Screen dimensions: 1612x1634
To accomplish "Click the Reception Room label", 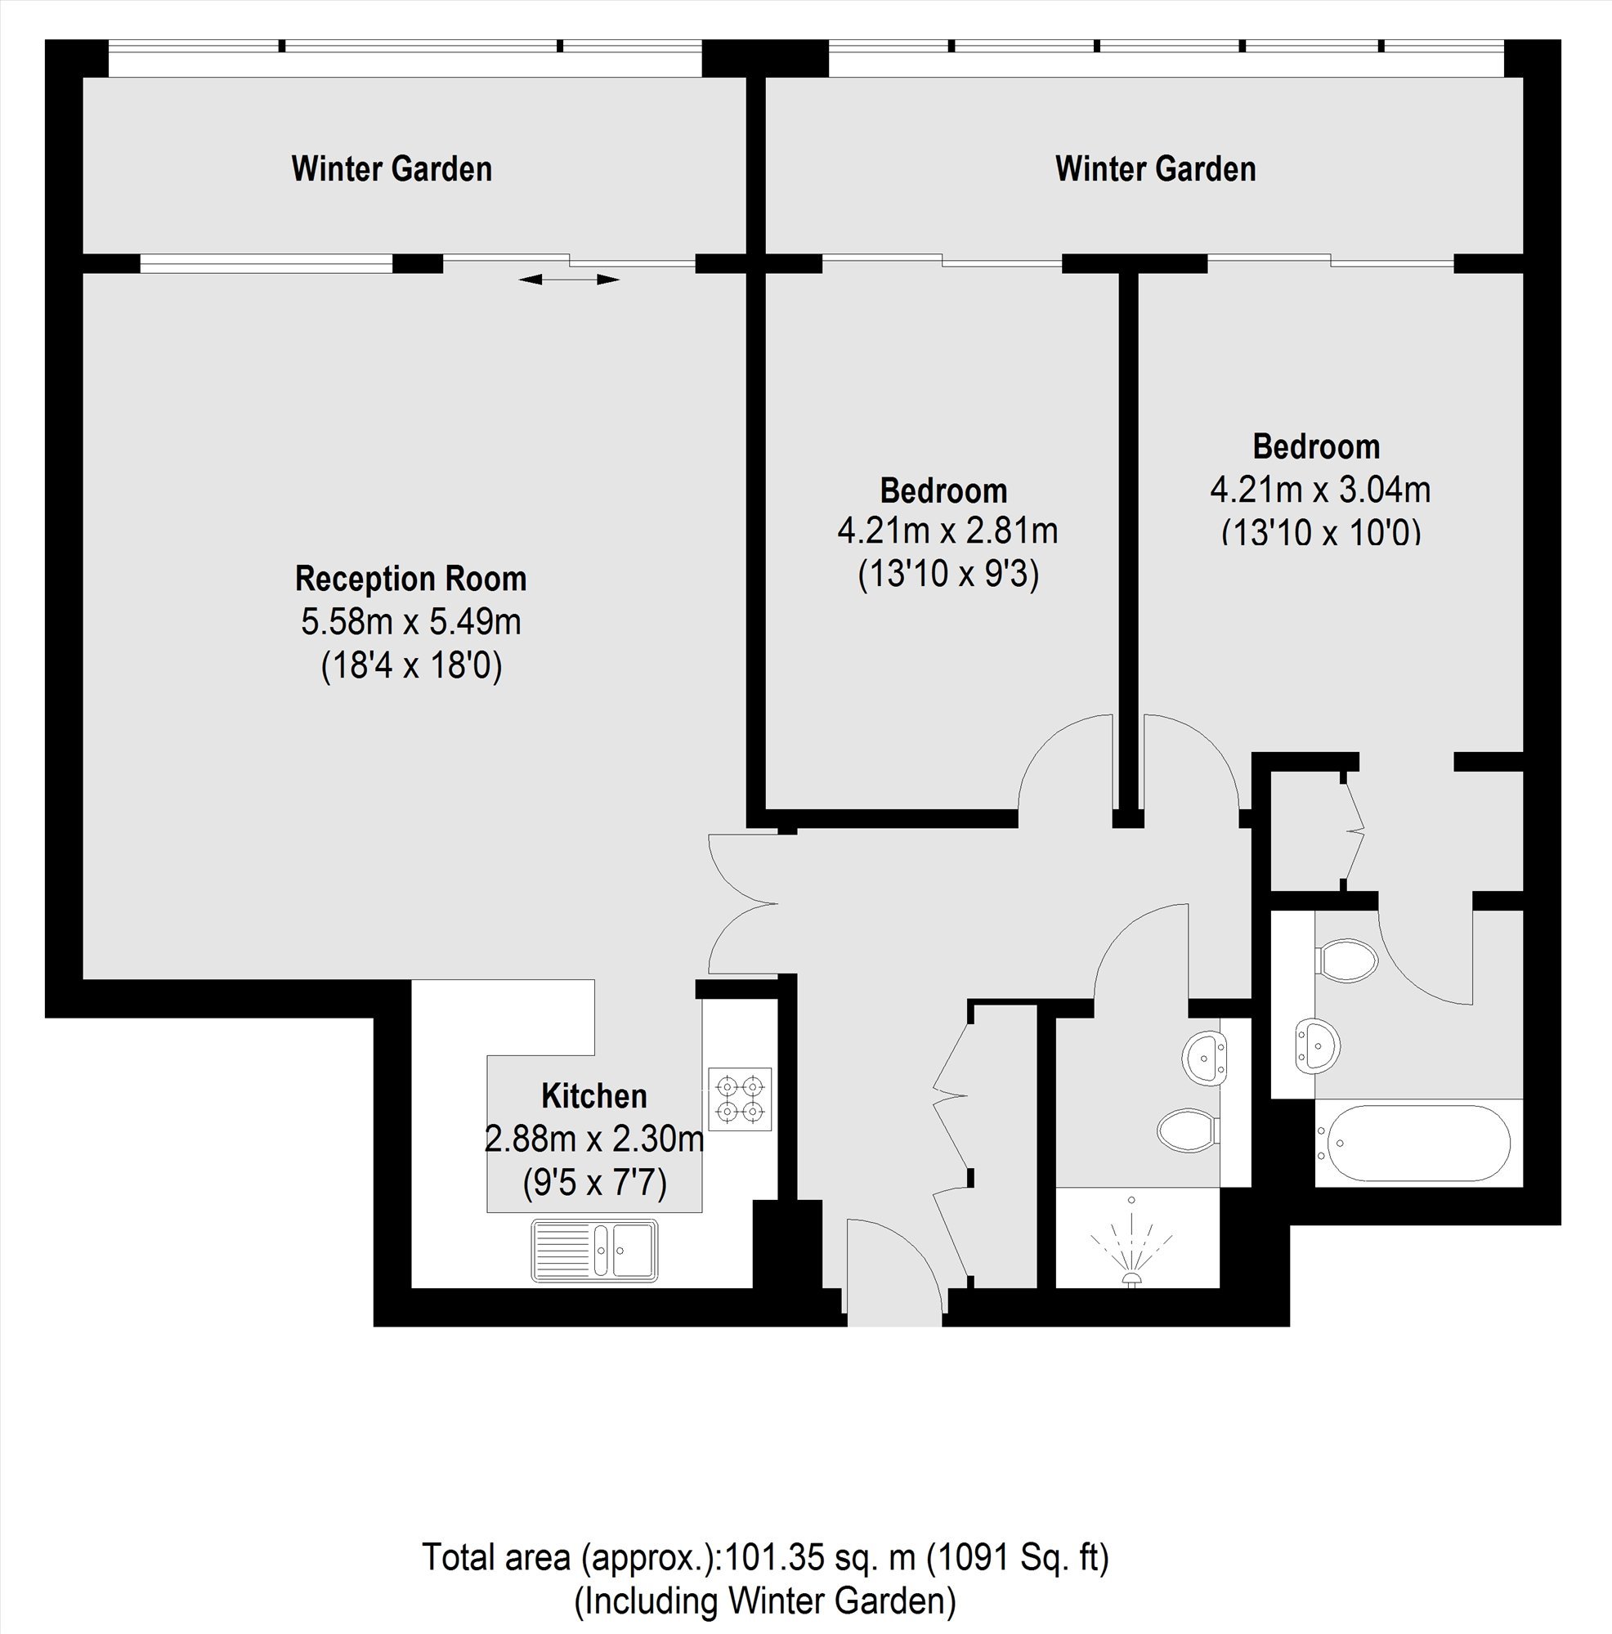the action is pyautogui.click(x=411, y=579).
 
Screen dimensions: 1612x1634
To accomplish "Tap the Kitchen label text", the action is pyautogui.click(x=593, y=1096).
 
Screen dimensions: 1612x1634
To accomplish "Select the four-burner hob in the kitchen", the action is pyautogui.click(x=740, y=1099).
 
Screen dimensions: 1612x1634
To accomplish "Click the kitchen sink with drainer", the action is pyautogui.click(x=593, y=1249).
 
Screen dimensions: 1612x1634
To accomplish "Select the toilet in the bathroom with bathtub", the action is pyautogui.click(x=1347, y=960).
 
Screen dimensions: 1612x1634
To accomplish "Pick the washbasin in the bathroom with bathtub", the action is pyautogui.click(x=1317, y=1046).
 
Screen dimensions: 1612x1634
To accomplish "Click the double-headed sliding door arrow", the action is pyautogui.click(x=568, y=279).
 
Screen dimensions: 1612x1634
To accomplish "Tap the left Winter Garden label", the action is pyautogui.click(x=392, y=168).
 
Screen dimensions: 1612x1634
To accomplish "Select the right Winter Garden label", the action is pyautogui.click(x=1155, y=168).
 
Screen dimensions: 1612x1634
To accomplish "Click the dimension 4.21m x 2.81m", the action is pyautogui.click(x=947, y=531).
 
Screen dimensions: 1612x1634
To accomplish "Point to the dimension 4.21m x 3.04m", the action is pyautogui.click(x=1320, y=489).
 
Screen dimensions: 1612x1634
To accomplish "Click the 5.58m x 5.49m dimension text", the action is pyautogui.click(x=411, y=621).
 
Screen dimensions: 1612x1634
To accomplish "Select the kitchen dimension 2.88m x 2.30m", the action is pyautogui.click(x=593, y=1139).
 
